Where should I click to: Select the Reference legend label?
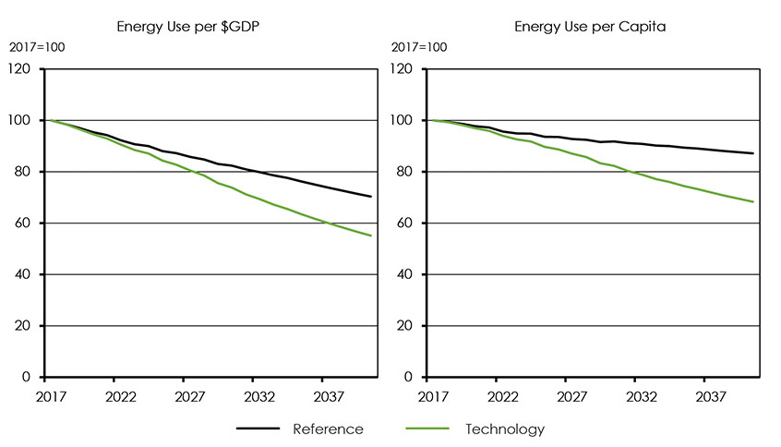(328, 429)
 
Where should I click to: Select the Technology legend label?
(505, 429)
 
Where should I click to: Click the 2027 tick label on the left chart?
(183, 393)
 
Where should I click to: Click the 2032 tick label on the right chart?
(635, 393)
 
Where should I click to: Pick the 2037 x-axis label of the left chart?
(321, 393)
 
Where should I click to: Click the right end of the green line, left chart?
(371, 236)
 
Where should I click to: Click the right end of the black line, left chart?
(371, 197)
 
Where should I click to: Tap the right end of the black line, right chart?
(753, 153)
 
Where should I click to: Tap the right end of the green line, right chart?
(753, 202)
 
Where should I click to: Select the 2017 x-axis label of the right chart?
(429, 393)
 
